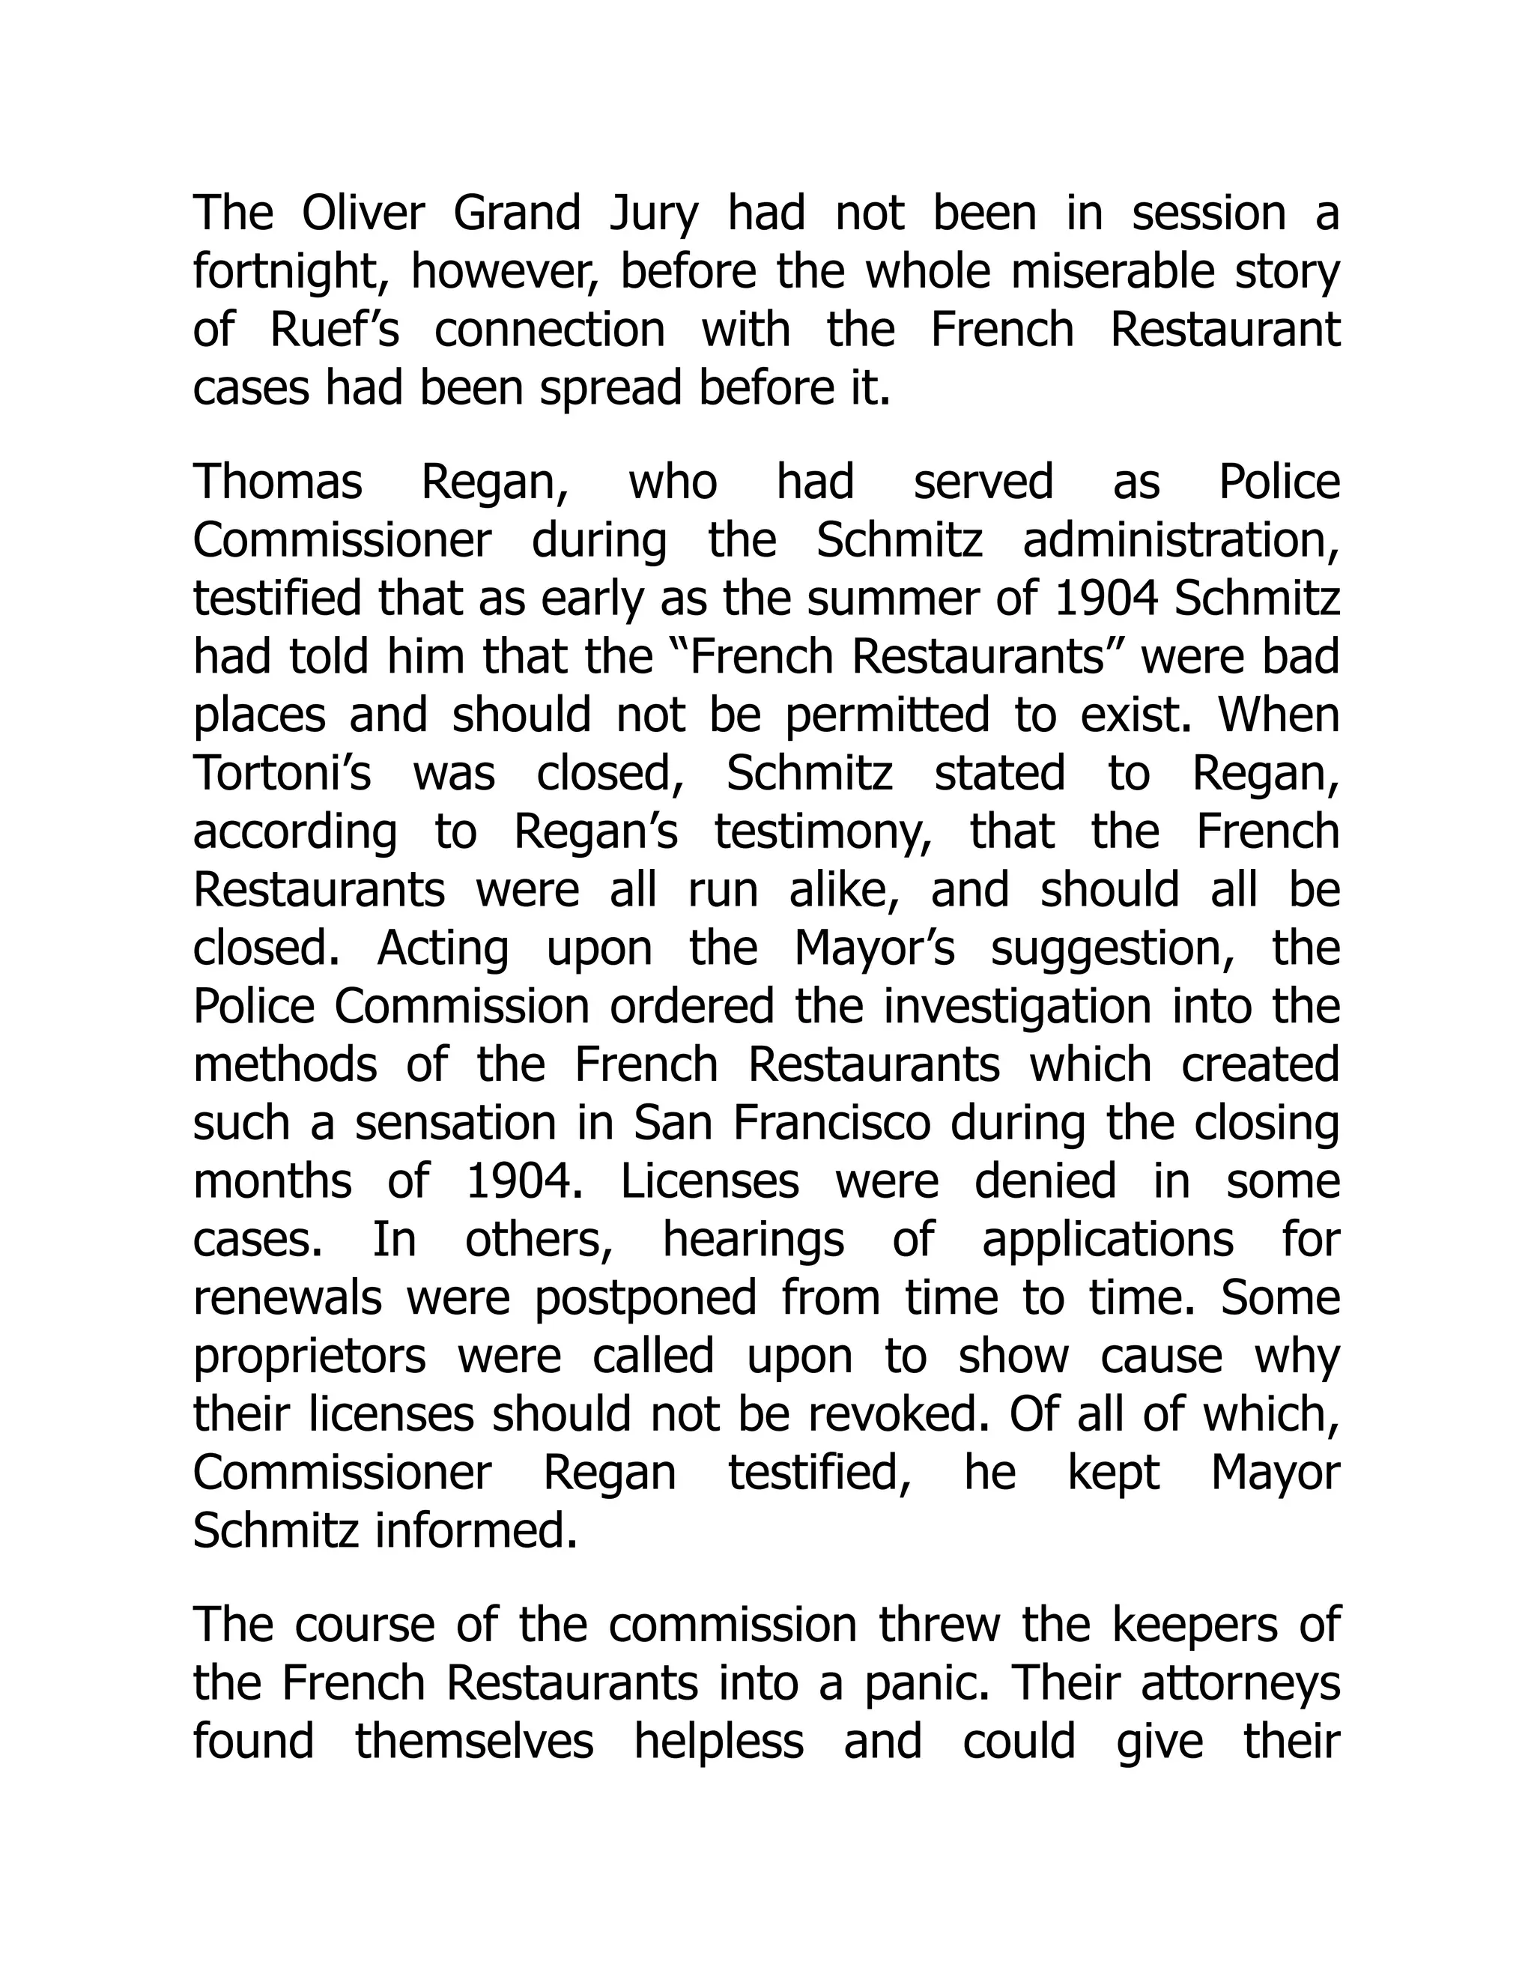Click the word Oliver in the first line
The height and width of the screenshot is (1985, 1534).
point(363,213)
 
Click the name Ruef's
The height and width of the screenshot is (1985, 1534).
point(334,329)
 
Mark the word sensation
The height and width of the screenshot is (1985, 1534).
point(455,1123)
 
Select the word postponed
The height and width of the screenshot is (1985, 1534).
point(645,1298)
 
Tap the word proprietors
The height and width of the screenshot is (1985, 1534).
point(310,1357)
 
